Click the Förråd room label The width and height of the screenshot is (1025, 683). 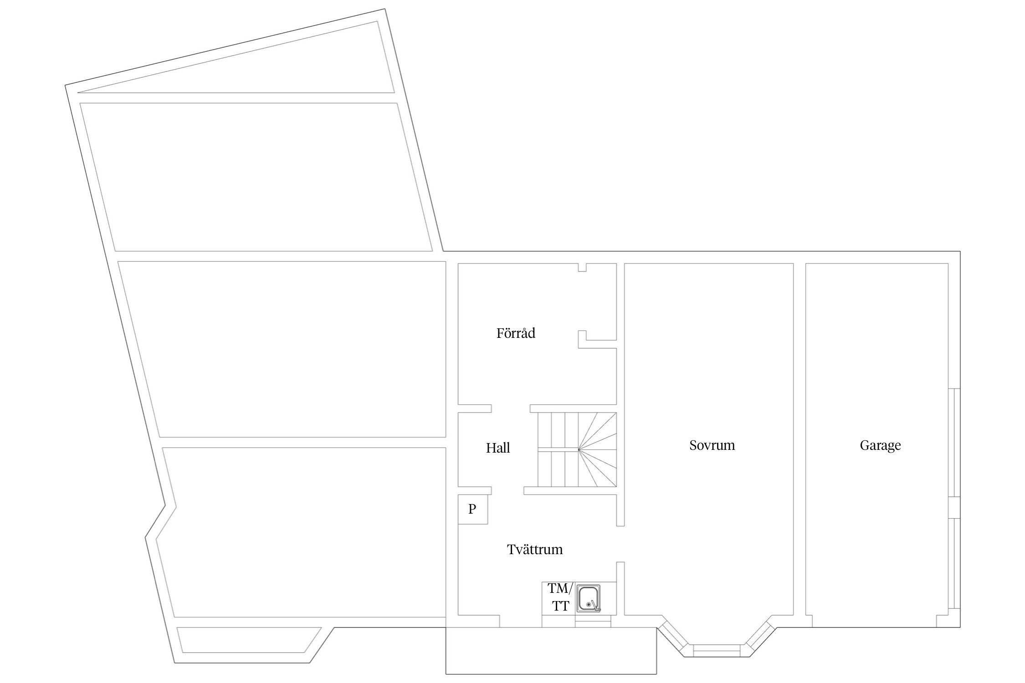coord(516,333)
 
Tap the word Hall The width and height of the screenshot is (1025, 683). coord(498,448)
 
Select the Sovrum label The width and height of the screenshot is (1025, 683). coord(712,445)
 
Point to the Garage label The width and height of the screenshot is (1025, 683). coord(880,445)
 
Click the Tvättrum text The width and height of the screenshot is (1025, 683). coord(535,550)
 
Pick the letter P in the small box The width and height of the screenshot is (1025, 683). coord(472,509)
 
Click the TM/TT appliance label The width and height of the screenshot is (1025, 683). coord(560,597)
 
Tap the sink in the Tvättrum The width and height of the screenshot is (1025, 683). coord(588,598)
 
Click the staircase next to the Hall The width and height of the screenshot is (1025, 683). coord(577,450)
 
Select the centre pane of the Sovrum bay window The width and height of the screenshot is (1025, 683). coord(717,650)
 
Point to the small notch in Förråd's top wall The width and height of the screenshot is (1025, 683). coord(582,267)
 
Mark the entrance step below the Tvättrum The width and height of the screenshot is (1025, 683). coord(551,650)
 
